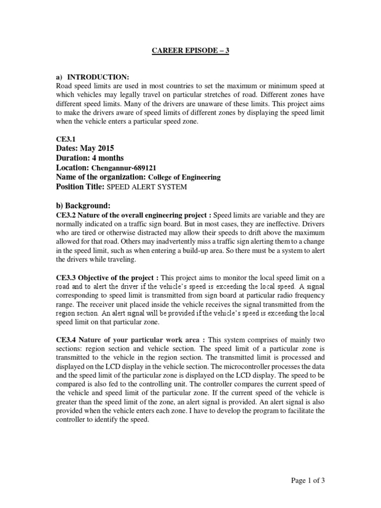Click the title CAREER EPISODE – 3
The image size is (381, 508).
point(190,51)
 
